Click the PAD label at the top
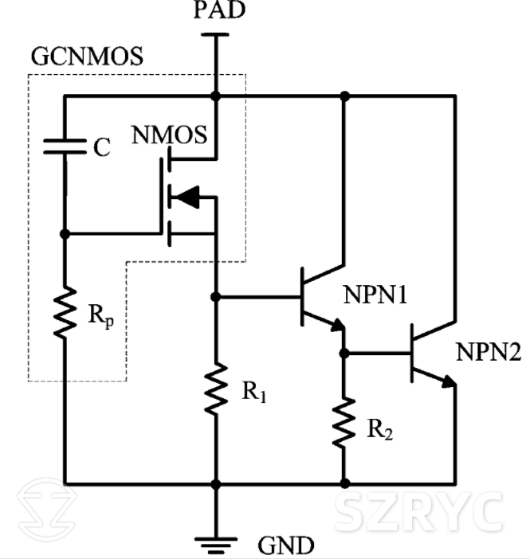tap(214, 10)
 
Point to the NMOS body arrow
tap(185, 196)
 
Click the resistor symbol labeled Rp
tap(65, 313)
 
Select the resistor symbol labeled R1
tap(215, 389)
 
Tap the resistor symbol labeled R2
tap(344, 423)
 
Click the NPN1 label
tap(375, 295)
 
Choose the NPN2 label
tap(487, 350)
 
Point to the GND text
tap(285, 546)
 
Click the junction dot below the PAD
tap(215, 96)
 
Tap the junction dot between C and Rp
tap(65, 234)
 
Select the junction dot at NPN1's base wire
tap(215, 296)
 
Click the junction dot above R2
tap(344, 351)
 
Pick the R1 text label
tap(253, 392)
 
